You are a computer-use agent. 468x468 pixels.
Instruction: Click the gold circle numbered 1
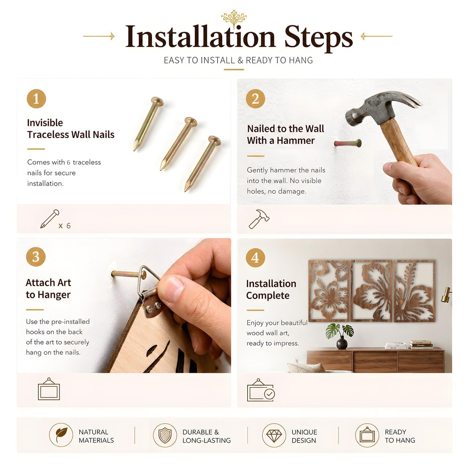(x=36, y=98)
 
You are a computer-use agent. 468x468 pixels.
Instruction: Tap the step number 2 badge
(x=255, y=98)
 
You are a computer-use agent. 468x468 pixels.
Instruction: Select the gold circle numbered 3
(x=36, y=257)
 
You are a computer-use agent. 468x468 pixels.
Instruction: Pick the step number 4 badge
(x=255, y=257)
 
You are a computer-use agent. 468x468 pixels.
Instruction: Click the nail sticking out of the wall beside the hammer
(x=348, y=143)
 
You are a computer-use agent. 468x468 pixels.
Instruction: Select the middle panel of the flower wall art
(x=372, y=291)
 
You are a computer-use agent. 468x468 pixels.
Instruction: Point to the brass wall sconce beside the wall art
(x=446, y=295)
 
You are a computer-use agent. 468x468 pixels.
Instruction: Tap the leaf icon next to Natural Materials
(x=61, y=435)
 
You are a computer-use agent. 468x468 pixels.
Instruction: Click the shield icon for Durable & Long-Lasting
(x=165, y=435)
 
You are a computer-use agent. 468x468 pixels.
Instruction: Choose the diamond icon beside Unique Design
(x=274, y=435)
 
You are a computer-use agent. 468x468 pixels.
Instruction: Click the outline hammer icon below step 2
(x=259, y=219)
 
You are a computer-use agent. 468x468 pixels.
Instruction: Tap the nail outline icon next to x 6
(x=50, y=219)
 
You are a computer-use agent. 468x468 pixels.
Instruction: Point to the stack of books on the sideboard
(x=421, y=345)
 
